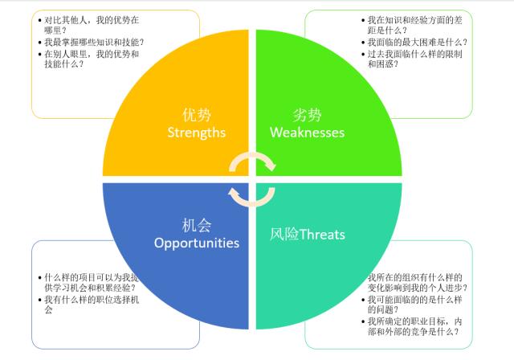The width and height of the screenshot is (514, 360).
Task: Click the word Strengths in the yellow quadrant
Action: pos(197,132)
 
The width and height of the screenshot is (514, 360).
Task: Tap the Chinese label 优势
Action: pos(197,114)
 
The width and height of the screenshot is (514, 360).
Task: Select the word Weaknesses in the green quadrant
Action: pos(308,132)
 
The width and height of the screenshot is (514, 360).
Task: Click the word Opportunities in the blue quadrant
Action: pos(197,242)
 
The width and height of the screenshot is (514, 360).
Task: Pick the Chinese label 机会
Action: pos(197,225)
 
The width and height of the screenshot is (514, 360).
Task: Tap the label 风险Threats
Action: pos(308,235)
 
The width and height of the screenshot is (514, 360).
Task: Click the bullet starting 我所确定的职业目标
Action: pos(414,327)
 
